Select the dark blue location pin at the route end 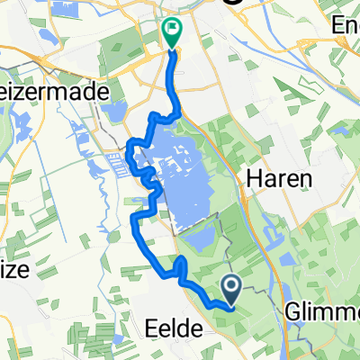[x=231, y=291]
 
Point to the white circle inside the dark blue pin [x=231, y=286]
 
